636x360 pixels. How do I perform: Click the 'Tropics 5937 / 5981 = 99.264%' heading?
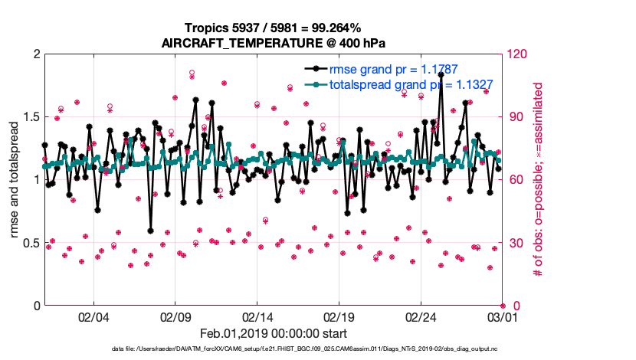(274, 28)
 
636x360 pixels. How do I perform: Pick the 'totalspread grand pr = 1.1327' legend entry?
(410, 85)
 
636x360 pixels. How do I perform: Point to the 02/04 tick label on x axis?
(93, 316)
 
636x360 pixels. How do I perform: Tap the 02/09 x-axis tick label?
(175, 316)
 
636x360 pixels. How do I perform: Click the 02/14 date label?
(257, 316)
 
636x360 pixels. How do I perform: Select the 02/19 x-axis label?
(338, 316)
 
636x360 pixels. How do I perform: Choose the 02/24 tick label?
(420, 316)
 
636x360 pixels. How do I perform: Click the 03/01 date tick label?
(501, 316)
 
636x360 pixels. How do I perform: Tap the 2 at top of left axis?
(34, 54)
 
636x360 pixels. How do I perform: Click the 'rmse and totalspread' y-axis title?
(14, 179)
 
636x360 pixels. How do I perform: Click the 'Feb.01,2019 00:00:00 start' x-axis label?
(274, 333)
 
